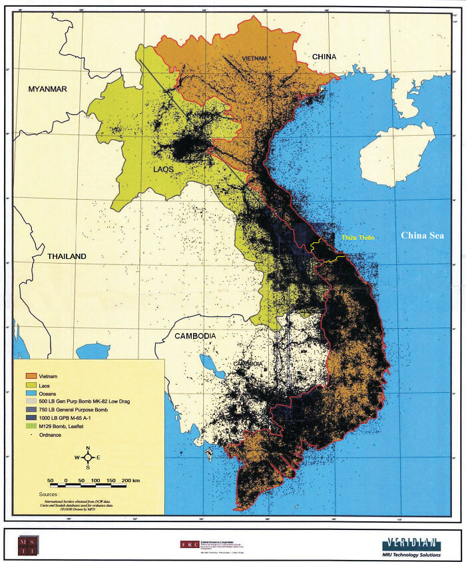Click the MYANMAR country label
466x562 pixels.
[x=47, y=89]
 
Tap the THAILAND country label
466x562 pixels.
[x=67, y=256]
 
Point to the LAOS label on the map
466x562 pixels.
[x=163, y=169]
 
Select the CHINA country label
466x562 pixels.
[x=324, y=57]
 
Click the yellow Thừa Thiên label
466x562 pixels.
[x=355, y=238]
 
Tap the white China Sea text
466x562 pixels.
[x=421, y=235]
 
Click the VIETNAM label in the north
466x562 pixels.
[x=254, y=59]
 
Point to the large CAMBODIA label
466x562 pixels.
[x=195, y=337]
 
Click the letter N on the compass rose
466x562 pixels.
[x=87, y=449]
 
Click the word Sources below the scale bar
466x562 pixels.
[x=49, y=495]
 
